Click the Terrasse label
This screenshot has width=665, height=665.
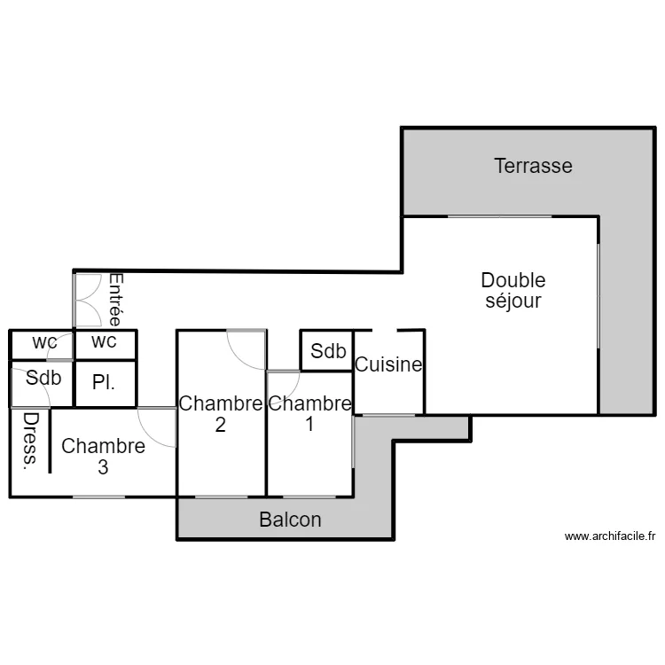(x=533, y=166)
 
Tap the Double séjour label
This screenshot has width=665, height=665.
(x=512, y=291)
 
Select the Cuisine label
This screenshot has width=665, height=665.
(x=388, y=364)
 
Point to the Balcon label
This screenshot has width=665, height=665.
(x=290, y=520)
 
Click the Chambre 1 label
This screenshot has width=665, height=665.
(x=309, y=413)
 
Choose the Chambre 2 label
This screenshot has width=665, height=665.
(x=220, y=413)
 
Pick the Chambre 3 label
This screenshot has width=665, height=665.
(x=103, y=456)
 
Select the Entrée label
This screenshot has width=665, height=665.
(x=116, y=300)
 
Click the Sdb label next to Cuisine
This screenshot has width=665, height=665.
(x=327, y=351)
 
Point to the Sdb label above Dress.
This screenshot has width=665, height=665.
(x=43, y=378)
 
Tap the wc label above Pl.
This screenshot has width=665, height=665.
(x=104, y=341)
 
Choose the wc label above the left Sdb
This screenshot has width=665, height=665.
(x=43, y=341)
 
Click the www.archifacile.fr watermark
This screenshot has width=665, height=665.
(x=609, y=536)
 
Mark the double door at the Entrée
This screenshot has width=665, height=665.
(x=89, y=301)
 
